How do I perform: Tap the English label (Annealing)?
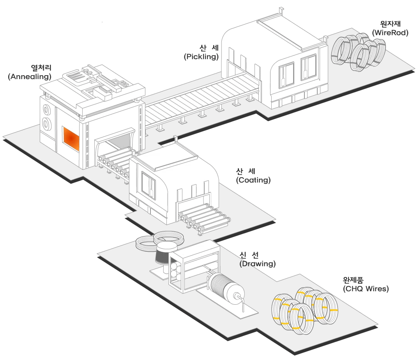pyautogui.click(x=29, y=77)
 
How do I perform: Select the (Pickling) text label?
pyautogui.click(x=201, y=56)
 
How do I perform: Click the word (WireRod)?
pyautogui.click(x=390, y=33)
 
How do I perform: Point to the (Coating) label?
pyautogui.click(x=253, y=180)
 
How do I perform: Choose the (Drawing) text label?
pyautogui.click(x=257, y=264)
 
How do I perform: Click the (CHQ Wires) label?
pyautogui.click(x=366, y=289)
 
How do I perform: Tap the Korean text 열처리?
pyautogui.click(x=41, y=67)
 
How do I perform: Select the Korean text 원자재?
pyautogui.click(x=391, y=24)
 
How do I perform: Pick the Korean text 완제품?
pyautogui.click(x=353, y=280)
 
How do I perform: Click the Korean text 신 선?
pyautogui.click(x=249, y=255)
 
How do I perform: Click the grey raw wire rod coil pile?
pyautogui.click(x=358, y=52)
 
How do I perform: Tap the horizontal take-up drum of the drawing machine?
pyautogui.click(x=226, y=288)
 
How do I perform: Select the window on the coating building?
pyautogui.click(x=149, y=185)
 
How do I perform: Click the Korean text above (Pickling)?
pyautogui.click(x=209, y=48)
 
